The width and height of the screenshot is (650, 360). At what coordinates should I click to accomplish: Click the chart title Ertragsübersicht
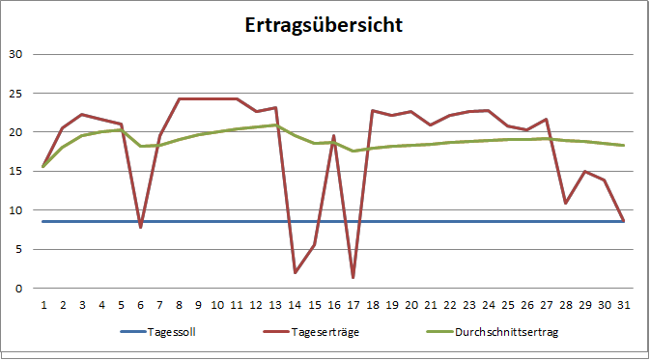[x=324, y=24]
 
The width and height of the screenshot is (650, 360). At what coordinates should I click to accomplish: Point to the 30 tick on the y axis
[x=14, y=54]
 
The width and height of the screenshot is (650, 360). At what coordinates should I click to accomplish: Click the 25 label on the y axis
[x=14, y=93]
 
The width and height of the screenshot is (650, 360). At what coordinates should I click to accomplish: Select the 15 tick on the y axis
[x=14, y=171]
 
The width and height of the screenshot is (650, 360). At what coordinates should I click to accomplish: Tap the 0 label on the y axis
[x=18, y=288]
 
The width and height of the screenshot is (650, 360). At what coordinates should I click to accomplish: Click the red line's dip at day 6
[x=141, y=227]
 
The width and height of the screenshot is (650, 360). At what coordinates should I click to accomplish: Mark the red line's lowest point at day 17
[x=353, y=278]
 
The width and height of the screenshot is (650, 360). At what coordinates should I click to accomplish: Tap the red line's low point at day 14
[x=296, y=272]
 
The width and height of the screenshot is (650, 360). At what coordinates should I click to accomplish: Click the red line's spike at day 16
[x=334, y=136]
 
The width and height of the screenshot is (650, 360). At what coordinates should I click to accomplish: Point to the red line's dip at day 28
[x=567, y=203]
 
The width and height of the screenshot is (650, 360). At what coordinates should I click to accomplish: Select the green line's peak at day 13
[x=276, y=125]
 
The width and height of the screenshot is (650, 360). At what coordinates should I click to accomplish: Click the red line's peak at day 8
[x=180, y=98]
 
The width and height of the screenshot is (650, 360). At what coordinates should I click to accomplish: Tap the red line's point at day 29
[x=586, y=172]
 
